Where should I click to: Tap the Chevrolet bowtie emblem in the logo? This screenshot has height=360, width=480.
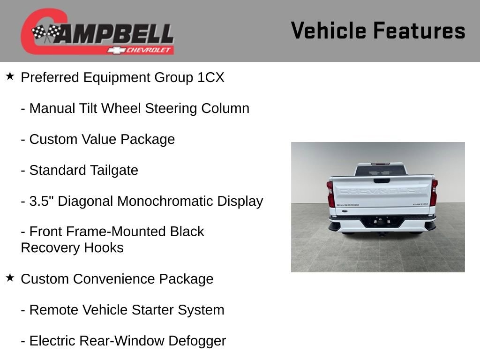[x=116, y=50]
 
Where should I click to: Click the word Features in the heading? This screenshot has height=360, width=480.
[x=419, y=30]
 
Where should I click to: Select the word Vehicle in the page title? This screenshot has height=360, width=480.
[x=329, y=30]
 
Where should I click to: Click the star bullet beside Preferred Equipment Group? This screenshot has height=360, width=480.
[x=10, y=76]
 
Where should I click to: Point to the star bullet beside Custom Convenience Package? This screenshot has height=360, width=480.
[x=10, y=277]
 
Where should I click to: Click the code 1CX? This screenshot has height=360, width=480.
[x=211, y=77]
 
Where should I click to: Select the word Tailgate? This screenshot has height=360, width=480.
[x=114, y=171]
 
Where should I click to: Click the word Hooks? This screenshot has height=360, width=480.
[x=104, y=247]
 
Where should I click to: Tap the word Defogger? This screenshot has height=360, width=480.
[x=197, y=341]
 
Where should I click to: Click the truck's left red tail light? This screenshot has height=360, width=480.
[x=330, y=194]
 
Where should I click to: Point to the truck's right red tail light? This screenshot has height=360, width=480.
[x=434, y=193]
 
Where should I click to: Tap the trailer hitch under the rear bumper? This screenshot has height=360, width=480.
[x=382, y=234]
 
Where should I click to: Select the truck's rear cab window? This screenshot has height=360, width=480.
[x=381, y=171]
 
